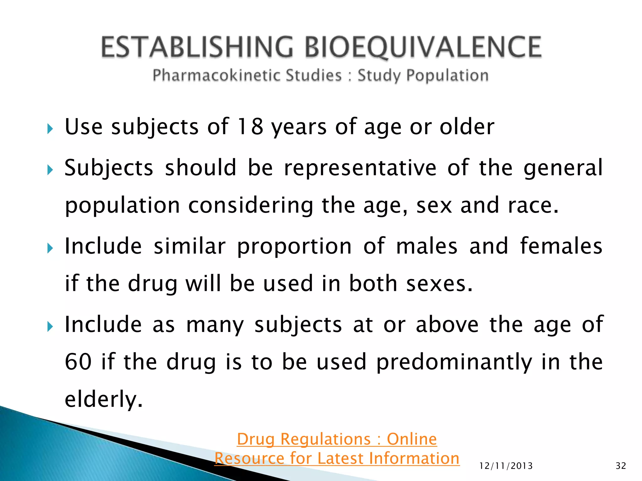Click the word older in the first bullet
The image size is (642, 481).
[467, 127]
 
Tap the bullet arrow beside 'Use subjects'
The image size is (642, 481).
[50, 129]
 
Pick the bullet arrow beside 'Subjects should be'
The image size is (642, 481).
[50, 170]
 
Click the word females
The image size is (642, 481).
[561, 246]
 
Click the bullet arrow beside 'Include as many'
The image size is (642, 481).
[50, 327]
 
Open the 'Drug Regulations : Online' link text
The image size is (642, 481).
[337, 439]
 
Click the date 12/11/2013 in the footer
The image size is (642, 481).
[506, 466]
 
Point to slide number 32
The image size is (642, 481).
[621, 466]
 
